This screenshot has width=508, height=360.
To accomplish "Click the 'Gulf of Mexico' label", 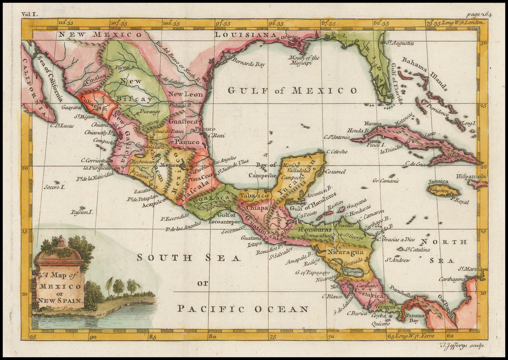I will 292,90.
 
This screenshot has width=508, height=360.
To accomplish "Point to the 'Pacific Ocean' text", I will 243,309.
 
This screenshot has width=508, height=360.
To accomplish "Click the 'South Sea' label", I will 189,258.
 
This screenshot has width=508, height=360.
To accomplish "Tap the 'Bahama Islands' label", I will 425,74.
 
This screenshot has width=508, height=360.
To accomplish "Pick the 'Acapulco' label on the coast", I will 153,204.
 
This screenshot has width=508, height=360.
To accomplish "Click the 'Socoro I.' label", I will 55,187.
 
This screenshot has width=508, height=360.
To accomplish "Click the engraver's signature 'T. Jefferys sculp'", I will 461,346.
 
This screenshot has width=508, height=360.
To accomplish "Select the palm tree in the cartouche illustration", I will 109,285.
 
